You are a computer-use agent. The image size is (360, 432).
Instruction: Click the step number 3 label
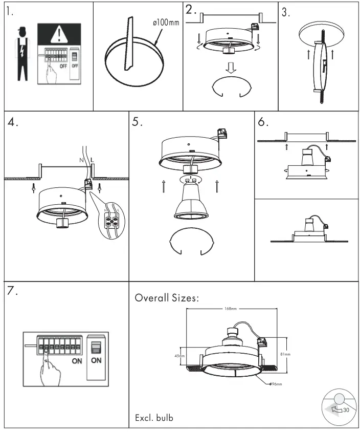click(x=286, y=13)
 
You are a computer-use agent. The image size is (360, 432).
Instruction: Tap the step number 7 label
click(x=13, y=291)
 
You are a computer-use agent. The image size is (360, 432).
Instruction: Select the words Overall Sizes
click(x=166, y=298)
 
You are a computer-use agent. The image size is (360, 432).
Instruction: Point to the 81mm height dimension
click(x=286, y=354)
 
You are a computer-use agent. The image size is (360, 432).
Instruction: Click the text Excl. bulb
click(x=154, y=418)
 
